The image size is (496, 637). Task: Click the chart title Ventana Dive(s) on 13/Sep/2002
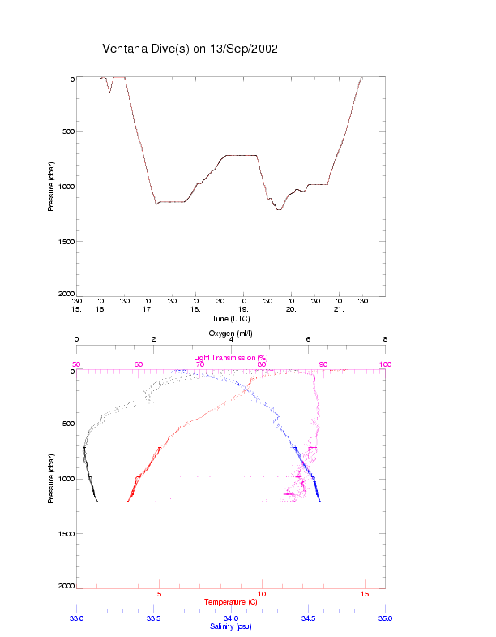(190, 49)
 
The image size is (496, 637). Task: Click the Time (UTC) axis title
(230, 318)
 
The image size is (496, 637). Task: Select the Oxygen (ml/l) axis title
(231, 333)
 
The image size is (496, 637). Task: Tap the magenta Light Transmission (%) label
(231, 357)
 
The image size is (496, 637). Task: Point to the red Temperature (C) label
(231, 602)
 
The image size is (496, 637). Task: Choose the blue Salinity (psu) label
(231, 626)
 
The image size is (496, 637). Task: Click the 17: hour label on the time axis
(148, 308)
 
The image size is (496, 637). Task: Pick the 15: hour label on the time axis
(77, 308)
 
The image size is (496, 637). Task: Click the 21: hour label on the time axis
(339, 308)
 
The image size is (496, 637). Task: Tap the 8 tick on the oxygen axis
(385, 340)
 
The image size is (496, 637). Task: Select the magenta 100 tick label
(385, 364)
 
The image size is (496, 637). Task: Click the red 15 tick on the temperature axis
(364, 594)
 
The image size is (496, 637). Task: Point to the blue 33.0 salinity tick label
(77, 618)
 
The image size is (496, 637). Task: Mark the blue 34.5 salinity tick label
(308, 618)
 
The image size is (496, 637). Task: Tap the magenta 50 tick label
(77, 364)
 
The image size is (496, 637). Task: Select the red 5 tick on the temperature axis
(159, 594)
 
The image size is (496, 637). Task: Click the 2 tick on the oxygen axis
(154, 340)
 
